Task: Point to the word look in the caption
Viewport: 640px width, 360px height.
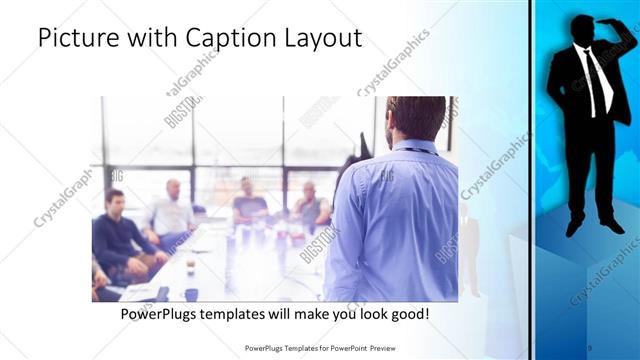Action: pos(355,314)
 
